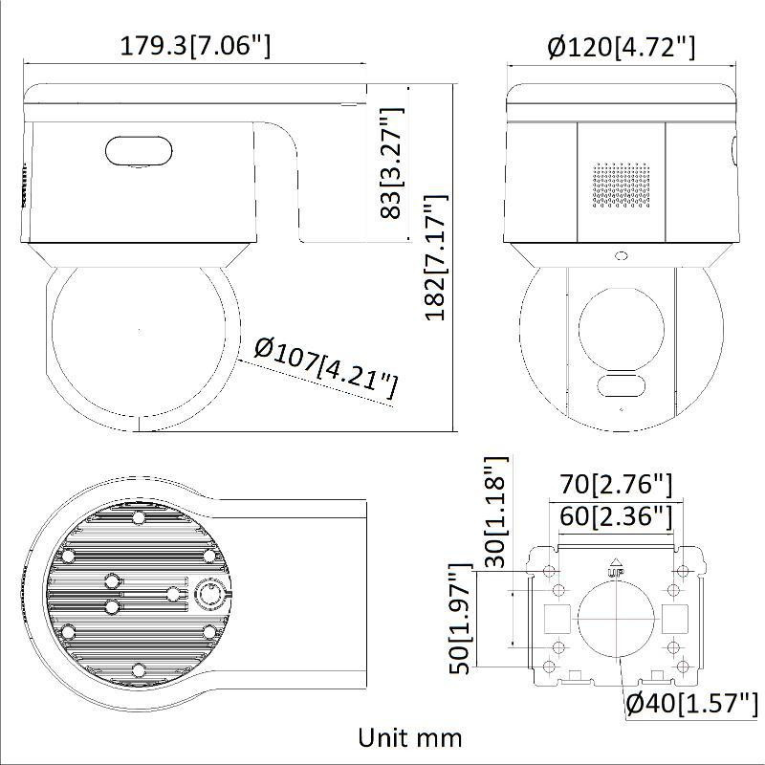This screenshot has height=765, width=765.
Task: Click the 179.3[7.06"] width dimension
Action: click(x=195, y=45)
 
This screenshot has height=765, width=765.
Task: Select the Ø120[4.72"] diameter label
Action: click(x=621, y=46)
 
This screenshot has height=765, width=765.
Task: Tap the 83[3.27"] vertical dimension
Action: click(x=391, y=164)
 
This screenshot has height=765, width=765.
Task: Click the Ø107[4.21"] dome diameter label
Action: click(x=326, y=369)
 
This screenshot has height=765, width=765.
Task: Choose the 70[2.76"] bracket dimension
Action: click(x=616, y=484)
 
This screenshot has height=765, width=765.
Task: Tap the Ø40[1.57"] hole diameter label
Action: click(x=686, y=704)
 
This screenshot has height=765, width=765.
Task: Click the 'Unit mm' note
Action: click(x=410, y=737)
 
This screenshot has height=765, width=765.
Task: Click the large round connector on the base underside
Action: click(x=209, y=595)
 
